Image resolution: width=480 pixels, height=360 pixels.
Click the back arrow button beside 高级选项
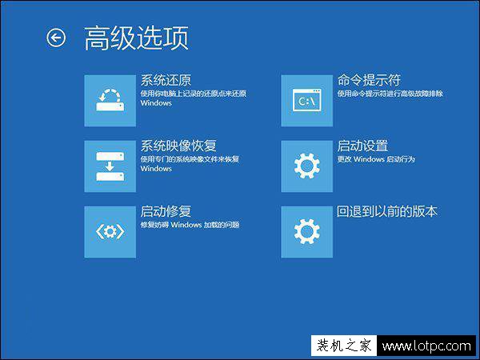click(x=56, y=38)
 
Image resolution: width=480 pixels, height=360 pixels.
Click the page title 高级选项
click(x=136, y=38)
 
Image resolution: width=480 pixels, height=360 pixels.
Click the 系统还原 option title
click(x=166, y=80)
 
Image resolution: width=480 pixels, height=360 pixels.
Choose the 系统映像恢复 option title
click(x=178, y=146)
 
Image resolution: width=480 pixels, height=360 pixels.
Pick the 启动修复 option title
click(x=166, y=211)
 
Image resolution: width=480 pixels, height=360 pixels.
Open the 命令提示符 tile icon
click(x=306, y=100)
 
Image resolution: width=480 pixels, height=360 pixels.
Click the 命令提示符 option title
click(x=369, y=80)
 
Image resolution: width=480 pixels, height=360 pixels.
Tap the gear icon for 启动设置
click(x=306, y=166)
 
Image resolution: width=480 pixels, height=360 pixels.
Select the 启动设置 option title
click(x=362, y=146)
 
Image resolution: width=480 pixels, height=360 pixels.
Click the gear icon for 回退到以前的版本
click(x=306, y=231)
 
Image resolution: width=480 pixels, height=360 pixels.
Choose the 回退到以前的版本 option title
click(x=387, y=211)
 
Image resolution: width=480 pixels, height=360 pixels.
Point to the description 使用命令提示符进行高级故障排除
click(x=390, y=94)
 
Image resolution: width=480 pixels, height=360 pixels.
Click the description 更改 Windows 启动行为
click(x=374, y=159)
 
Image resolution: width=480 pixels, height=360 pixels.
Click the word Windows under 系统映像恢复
click(x=156, y=169)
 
